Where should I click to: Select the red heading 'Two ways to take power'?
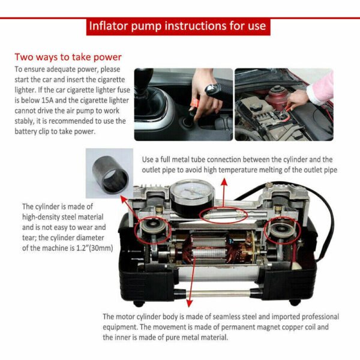pos(68,58)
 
